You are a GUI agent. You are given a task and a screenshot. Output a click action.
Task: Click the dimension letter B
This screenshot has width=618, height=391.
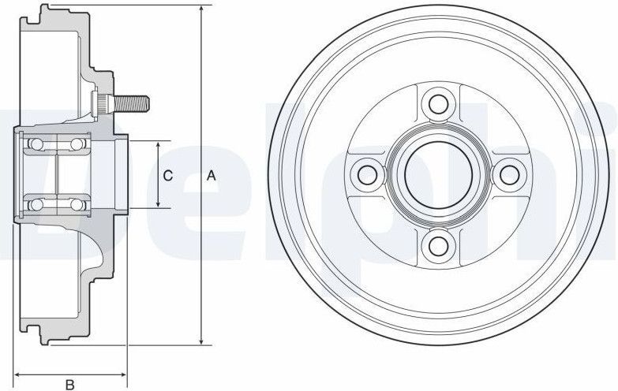(x=69, y=384)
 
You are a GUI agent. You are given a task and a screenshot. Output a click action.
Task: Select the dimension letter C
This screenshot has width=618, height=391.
(x=167, y=176)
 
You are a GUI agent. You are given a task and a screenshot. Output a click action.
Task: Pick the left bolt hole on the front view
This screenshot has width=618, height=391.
(x=364, y=173)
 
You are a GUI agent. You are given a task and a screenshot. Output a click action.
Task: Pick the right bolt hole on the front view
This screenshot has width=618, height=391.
(x=508, y=173)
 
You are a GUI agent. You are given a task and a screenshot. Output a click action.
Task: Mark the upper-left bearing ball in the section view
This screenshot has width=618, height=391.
(x=35, y=143)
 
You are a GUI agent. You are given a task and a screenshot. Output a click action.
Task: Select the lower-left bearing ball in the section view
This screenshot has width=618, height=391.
(x=35, y=206)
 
